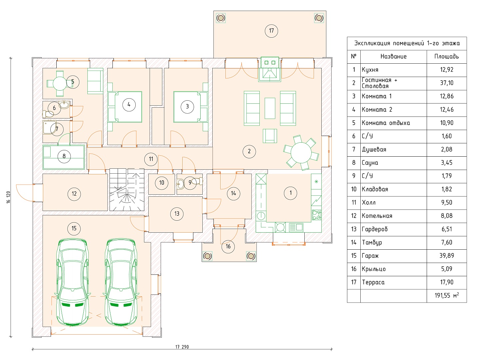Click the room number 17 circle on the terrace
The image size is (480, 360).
[x=271, y=31]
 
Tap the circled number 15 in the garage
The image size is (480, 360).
[x=74, y=228]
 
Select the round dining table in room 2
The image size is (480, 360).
[x=301, y=152]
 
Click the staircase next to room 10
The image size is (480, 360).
[x=127, y=190]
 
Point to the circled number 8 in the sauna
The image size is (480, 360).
[x=64, y=156]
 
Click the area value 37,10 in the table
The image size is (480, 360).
[x=447, y=83]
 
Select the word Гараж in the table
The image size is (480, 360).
[x=370, y=256]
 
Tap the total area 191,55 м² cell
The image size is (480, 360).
[x=447, y=295]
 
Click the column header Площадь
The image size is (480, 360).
[x=447, y=57]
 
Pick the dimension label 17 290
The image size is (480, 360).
[x=182, y=347]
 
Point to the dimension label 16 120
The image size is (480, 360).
[x=8, y=197]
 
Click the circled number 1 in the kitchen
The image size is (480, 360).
[x=290, y=193]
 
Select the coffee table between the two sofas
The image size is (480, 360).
[x=270, y=108]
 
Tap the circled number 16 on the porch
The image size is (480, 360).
[x=228, y=247]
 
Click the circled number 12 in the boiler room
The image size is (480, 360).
[x=74, y=194]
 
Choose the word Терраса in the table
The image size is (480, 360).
[x=373, y=282]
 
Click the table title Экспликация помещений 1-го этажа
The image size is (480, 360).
[x=407, y=43]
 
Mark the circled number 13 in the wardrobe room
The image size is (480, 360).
[x=177, y=214]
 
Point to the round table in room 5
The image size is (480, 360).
[x=60, y=83]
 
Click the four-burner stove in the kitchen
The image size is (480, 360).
[x=316, y=215]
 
